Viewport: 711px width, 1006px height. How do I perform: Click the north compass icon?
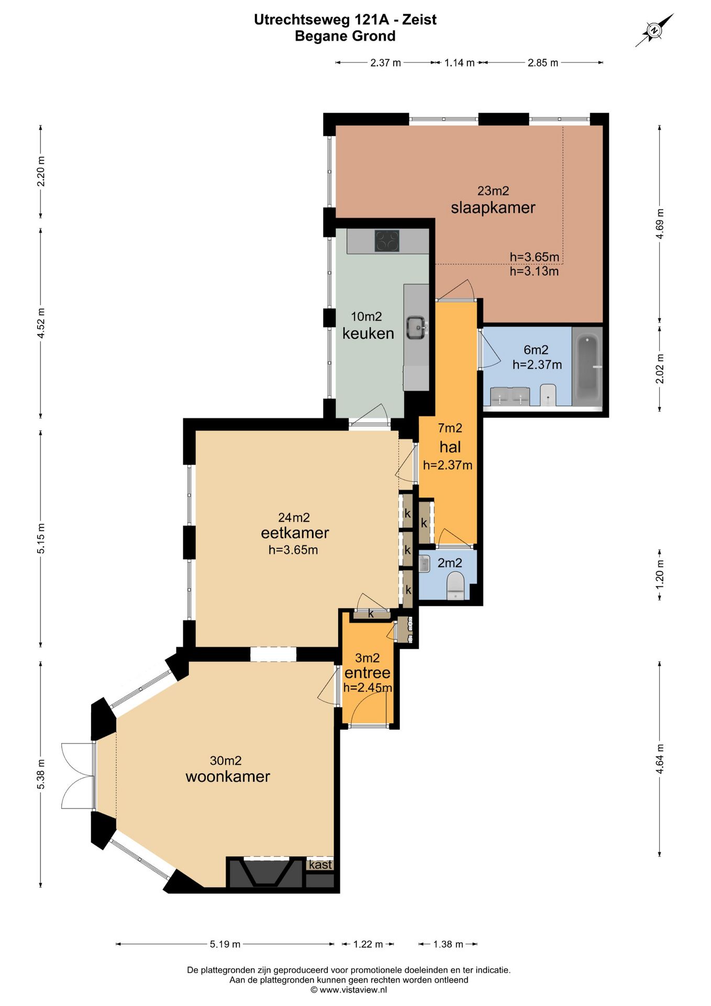[x=654, y=30]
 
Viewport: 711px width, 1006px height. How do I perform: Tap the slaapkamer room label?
[x=493, y=207]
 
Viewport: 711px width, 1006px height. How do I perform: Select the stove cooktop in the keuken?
[x=387, y=241]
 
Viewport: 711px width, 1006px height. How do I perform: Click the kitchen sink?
[x=417, y=327]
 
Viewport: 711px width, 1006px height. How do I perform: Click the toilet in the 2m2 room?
[x=456, y=585]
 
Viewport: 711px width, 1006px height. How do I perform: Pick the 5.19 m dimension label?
[x=225, y=944]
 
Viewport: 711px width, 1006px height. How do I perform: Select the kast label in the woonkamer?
[x=320, y=865]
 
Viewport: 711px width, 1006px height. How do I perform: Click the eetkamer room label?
[x=295, y=533]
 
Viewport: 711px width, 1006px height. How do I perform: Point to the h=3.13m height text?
[x=534, y=271]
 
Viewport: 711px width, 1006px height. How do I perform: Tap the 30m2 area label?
[x=226, y=760]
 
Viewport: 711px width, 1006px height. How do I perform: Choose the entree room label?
[x=368, y=673]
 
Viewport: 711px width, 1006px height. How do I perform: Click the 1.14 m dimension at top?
[x=459, y=63]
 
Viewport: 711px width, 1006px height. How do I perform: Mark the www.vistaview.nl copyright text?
[x=349, y=990]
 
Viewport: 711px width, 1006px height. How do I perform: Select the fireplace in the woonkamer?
[x=266, y=873]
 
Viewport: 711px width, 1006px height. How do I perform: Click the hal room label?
[x=450, y=447]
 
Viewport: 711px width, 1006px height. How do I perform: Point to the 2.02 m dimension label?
[x=660, y=368]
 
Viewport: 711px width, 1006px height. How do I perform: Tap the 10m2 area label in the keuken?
[x=366, y=316]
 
